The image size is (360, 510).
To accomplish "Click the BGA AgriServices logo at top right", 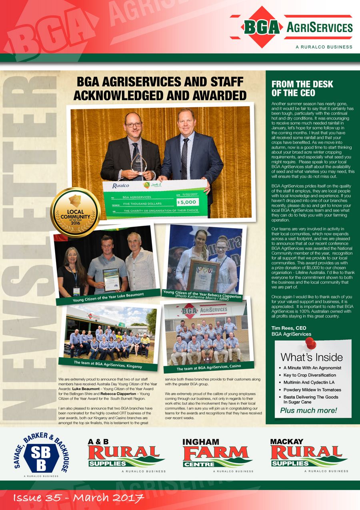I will pos(291,27).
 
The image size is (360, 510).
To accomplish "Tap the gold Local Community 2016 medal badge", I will pos(75,212).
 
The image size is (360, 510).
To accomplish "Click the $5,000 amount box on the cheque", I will pos(186,203).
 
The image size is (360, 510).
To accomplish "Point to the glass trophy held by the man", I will pos(138,164).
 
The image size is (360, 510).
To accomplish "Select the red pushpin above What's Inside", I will pos(310,343).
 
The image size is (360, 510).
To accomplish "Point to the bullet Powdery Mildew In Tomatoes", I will pos(312,390).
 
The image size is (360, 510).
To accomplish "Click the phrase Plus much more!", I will pos(308,410).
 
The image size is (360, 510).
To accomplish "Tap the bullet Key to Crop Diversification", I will pos(309,375).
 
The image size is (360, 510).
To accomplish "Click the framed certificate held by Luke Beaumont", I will pos(112,279).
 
